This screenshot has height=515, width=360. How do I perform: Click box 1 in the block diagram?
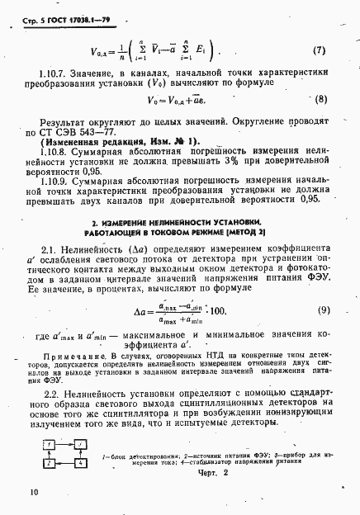51,445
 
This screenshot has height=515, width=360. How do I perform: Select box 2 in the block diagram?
51,464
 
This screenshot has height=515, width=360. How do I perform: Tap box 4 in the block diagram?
80,464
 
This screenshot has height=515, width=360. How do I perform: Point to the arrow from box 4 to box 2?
66,464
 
